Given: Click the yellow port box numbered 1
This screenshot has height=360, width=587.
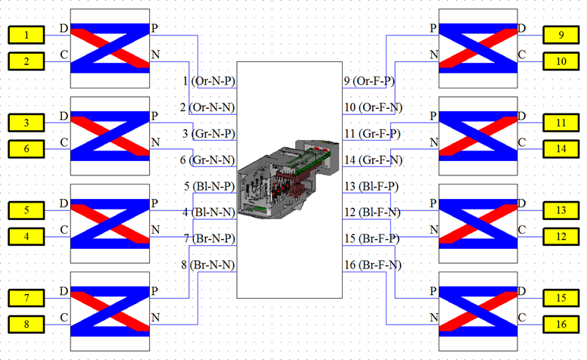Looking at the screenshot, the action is click(x=26, y=35).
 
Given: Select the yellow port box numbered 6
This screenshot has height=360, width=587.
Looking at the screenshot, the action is click(x=26, y=149).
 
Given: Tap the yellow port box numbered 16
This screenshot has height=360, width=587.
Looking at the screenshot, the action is click(x=561, y=324).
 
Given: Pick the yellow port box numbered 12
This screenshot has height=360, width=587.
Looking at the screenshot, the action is click(x=561, y=237).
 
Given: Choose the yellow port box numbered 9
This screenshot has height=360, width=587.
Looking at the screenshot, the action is click(x=561, y=35).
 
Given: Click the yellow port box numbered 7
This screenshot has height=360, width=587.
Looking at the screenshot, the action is click(x=26, y=298).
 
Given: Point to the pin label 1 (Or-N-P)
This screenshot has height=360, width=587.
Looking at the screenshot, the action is click(x=209, y=81).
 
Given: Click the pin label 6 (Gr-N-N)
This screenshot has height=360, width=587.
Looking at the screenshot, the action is click(x=207, y=160).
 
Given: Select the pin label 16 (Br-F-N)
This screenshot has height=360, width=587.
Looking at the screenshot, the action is click(x=373, y=265).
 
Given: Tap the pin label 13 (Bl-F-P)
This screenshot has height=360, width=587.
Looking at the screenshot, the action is click(x=371, y=186).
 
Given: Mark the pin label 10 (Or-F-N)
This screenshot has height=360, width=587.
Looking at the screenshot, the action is click(x=373, y=107).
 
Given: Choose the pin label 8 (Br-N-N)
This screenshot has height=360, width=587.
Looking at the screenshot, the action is click(x=208, y=265).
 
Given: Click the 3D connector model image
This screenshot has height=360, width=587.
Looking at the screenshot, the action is click(x=289, y=179).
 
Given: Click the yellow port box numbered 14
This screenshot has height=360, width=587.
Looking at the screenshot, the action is click(x=561, y=149).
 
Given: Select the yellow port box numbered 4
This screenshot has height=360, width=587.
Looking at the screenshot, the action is click(x=26, y=237).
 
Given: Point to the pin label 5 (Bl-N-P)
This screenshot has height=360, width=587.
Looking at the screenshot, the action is click(x=210, y=186).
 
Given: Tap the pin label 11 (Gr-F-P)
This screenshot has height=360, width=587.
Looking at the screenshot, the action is click(x=372, y=134).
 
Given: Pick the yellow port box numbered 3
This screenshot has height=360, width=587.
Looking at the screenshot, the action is click(x=26, y=123).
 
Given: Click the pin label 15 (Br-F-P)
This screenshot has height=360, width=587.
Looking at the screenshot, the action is click(x=371, y=238).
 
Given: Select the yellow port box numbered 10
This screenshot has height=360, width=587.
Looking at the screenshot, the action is click(x=561, y=61).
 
